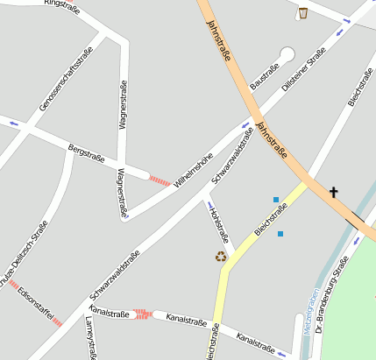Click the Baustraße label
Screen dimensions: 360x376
264,76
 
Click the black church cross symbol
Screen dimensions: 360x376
333,191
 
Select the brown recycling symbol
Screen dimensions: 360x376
221,257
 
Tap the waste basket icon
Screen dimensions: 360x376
303,13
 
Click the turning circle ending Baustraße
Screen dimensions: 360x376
287,53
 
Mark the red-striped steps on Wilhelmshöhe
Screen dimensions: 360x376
159,180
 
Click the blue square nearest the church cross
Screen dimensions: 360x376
276,200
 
